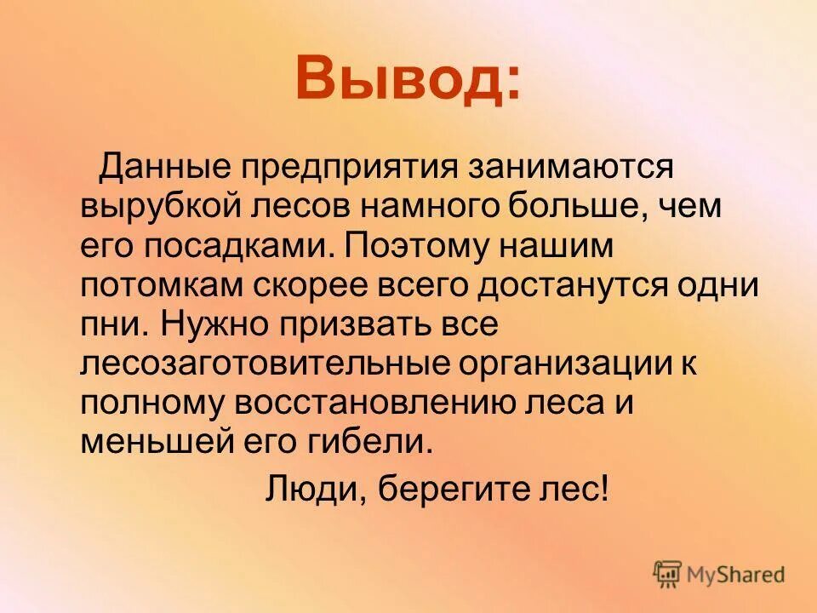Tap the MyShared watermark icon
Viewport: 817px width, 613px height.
pyautogui.click(x=668, y=573)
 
